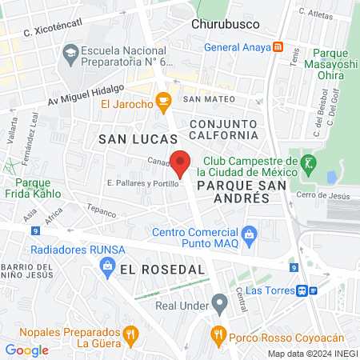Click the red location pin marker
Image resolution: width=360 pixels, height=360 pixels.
point(181,164)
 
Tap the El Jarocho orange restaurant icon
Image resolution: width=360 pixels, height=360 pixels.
point(164,101)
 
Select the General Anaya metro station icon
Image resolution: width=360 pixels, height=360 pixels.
point(278,46)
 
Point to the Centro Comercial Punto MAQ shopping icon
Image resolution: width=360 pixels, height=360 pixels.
point(250,234)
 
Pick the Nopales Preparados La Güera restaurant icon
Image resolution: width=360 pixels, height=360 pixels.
point(130,334)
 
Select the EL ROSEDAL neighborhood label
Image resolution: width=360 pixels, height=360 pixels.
point(162,270)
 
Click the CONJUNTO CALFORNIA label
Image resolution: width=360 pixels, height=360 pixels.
point(223,130)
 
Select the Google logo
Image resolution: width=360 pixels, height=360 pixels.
point(26,350)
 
